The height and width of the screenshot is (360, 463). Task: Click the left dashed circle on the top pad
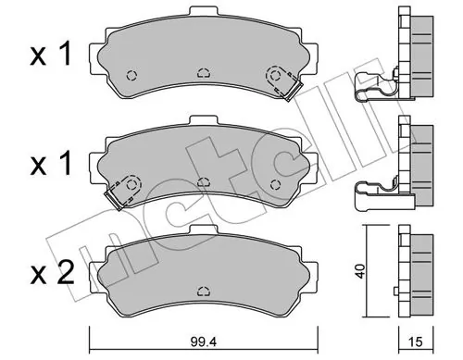[131, 76]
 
